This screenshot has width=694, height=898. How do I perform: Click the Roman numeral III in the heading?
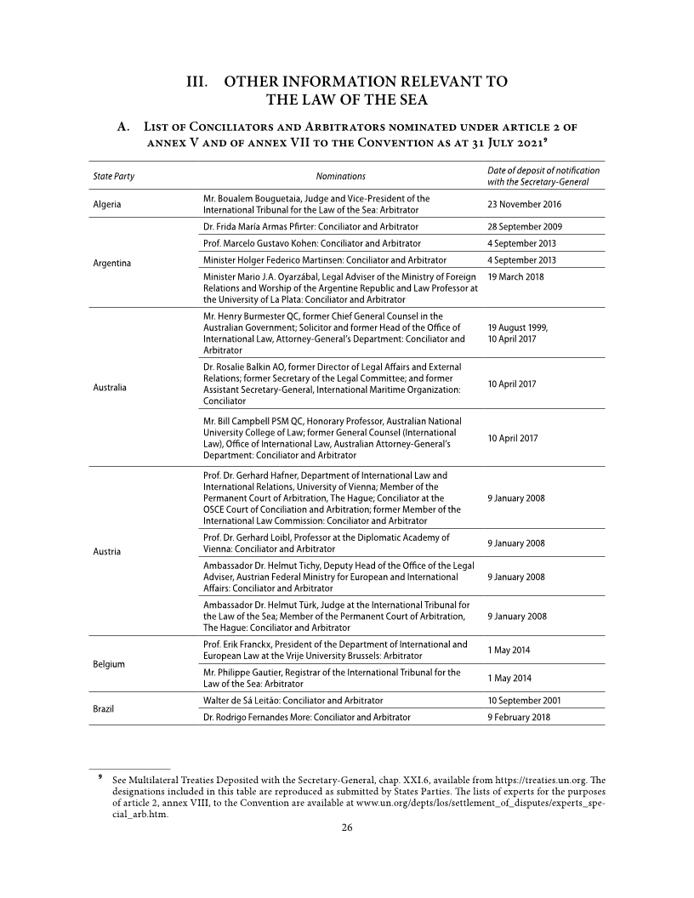tap(199, 82)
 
